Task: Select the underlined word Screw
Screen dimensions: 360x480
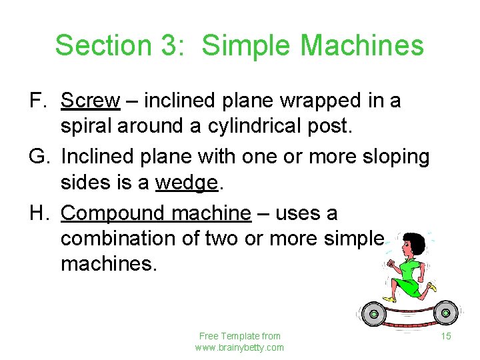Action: point(90,101)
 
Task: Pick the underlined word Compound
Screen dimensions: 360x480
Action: point(113,214)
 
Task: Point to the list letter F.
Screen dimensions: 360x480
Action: point(37,101)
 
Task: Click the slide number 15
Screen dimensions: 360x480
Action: point(446,336)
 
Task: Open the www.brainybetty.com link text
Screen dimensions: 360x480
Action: point(239,347)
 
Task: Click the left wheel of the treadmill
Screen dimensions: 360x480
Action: point(374,313)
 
